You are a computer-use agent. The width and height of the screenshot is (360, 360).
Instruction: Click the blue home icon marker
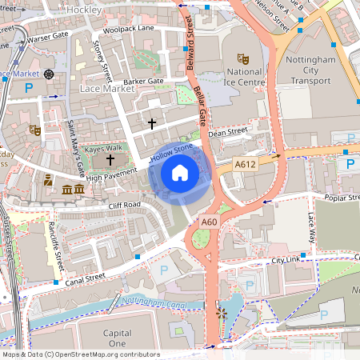pos(179,173)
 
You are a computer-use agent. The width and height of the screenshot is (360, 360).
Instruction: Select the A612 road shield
pos(246,164)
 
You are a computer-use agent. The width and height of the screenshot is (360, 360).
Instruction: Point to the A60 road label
pos(210,222)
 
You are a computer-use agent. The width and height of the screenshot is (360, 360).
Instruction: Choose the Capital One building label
pos(117,338)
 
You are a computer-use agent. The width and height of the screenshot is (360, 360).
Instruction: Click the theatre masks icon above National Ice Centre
pos(243,59)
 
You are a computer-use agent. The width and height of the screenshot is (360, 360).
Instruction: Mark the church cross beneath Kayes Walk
pos(110,160)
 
